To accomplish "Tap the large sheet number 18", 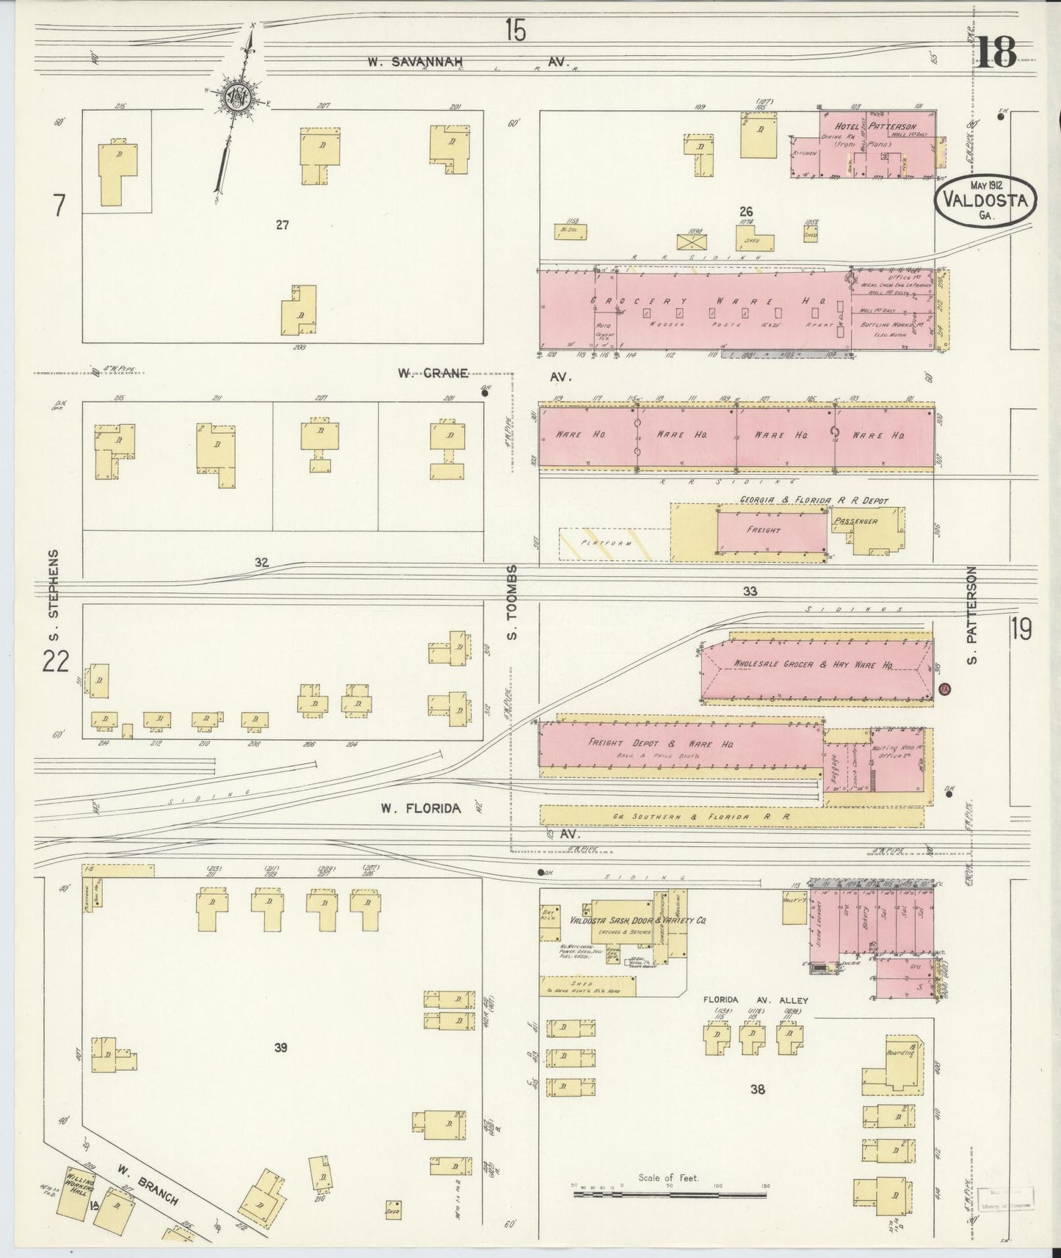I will coord(996,51).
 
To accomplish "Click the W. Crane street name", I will coord(432,373).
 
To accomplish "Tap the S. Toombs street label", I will coord(513,601).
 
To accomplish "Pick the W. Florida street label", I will coord(421,808).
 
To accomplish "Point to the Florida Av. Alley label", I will coord(755,1000).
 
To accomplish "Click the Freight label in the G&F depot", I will coord(763,529).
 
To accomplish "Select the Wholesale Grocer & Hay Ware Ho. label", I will coord(813,664).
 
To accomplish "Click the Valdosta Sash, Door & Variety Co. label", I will coord(628,920).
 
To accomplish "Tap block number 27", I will coord(283,225).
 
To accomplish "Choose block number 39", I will coord(280,1048).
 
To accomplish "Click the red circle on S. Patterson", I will coord(945,689).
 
